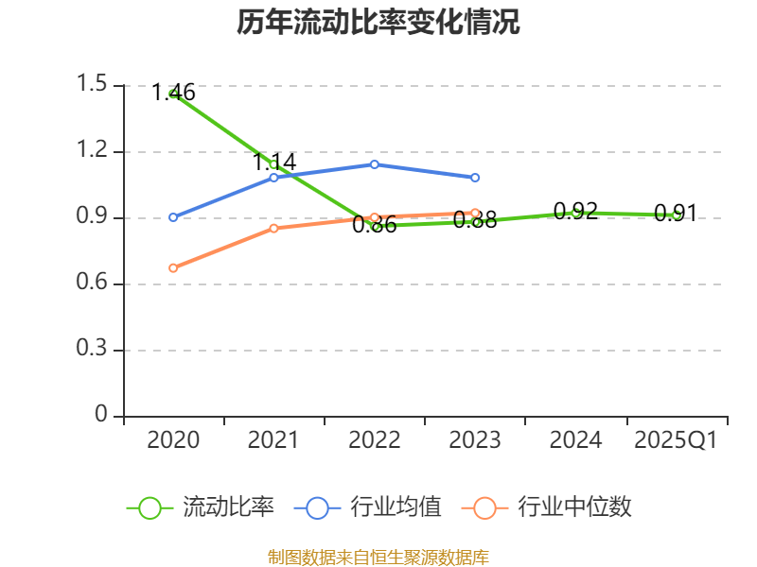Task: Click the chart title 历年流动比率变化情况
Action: click(378, 23)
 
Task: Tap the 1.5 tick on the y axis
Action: click(95, 85)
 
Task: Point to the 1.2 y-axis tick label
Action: click(95, 151)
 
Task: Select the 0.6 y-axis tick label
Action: click(95, 283)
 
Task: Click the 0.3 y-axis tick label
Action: click(95, 350)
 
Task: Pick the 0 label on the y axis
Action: click(101, 416)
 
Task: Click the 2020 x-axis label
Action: click(174, 440)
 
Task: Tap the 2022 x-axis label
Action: click(375, 440)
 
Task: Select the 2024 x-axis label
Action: click(575, 440)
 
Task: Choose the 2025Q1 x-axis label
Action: click(676, 440)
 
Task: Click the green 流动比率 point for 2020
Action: click(173, 93)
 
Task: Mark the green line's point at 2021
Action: click(273, 164)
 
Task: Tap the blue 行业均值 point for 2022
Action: click(375, 164)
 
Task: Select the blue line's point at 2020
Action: click(173, 217)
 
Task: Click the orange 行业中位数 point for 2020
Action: click(173, 267)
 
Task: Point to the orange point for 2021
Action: click(273, 228)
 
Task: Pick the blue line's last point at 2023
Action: click(475, 178)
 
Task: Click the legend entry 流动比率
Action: click(201, 507)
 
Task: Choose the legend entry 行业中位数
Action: click(547, 507)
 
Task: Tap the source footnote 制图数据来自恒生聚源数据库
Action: click(378, 557)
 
